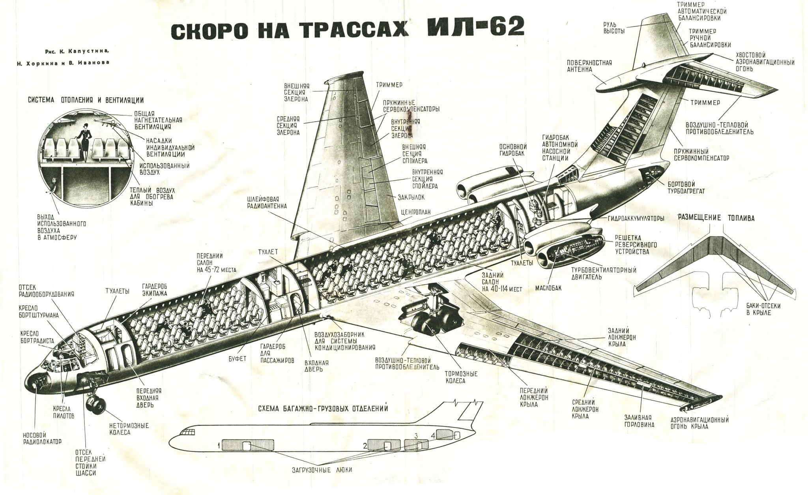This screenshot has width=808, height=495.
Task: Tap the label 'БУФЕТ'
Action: [237, 359]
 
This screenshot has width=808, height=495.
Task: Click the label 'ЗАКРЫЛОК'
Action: [411, 197]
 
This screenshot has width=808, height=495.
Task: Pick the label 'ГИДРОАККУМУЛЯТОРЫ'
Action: [636, 218]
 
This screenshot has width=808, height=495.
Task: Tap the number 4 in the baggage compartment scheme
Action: [433, 436]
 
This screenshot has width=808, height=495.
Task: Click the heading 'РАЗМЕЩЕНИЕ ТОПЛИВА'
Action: [716, 217]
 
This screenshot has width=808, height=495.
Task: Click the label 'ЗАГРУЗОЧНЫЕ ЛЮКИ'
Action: [322, 470]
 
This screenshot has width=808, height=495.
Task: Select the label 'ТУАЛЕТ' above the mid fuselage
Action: [268, 251]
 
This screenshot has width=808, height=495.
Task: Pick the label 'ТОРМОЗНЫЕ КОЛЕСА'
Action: [461, 377]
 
